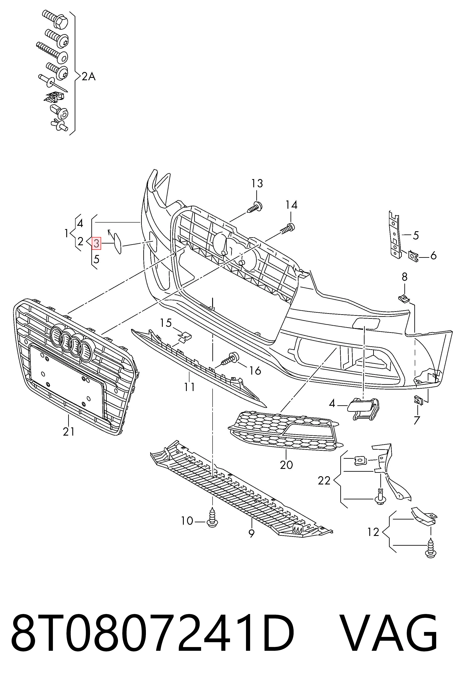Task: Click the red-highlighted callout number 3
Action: (x=97, y=243)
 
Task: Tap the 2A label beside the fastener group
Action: (x=88, y=77)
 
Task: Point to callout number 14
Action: (x=292, y=205)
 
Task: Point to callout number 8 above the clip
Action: (x=405, y=277)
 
